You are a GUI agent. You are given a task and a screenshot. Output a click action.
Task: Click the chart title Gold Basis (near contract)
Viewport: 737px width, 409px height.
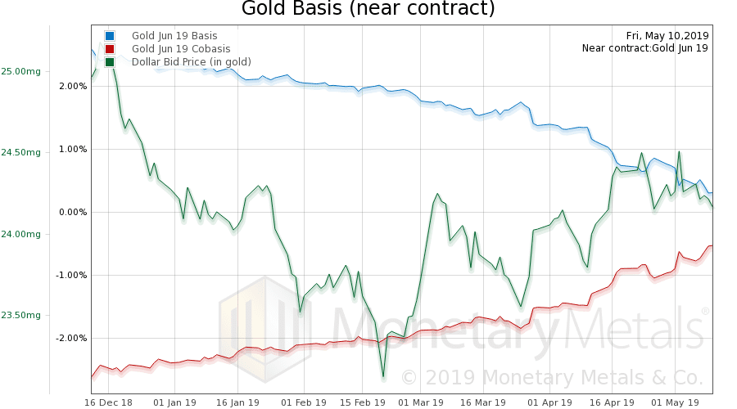(x=368, y=10)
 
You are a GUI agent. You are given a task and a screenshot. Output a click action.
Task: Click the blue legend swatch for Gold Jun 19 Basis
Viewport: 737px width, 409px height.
(x=110, y=36)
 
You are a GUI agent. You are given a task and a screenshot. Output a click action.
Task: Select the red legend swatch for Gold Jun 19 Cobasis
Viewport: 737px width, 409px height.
(x=110, y=49)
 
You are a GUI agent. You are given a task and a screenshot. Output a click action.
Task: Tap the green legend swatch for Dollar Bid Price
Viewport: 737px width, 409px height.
(x=110, y=62)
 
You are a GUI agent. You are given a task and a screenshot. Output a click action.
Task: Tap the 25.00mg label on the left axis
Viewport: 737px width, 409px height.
(x=20, y=71)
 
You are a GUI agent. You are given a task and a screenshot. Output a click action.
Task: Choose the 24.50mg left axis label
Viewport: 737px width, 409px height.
(x=20, y=152)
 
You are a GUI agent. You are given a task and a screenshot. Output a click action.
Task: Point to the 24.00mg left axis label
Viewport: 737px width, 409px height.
(x=20, y=234)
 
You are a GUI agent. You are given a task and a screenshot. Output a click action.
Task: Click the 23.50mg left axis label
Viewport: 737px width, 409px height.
(x=20, y=315)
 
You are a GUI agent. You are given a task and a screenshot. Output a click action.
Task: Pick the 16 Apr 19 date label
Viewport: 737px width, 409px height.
(x=613, y=402)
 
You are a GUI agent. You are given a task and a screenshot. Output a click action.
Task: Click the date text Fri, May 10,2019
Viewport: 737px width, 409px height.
(x=667, y=35)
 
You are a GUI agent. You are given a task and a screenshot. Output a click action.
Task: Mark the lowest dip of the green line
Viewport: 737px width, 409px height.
(x=383, y=377)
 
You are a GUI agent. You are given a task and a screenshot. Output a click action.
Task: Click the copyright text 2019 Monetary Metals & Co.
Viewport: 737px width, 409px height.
(x=552, y=378)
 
